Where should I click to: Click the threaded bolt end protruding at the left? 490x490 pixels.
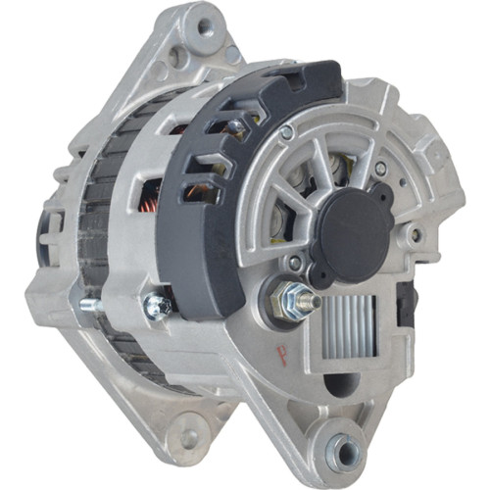(87, 305)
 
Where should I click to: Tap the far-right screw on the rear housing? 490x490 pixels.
(416, 234)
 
